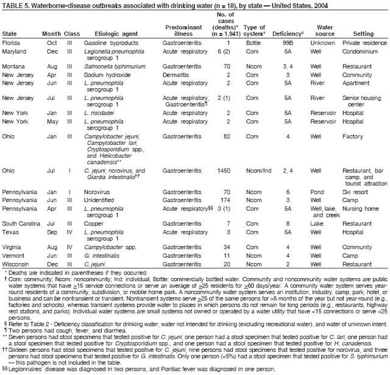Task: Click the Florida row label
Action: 13,43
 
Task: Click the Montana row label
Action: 15,65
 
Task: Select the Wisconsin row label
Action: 16,264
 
